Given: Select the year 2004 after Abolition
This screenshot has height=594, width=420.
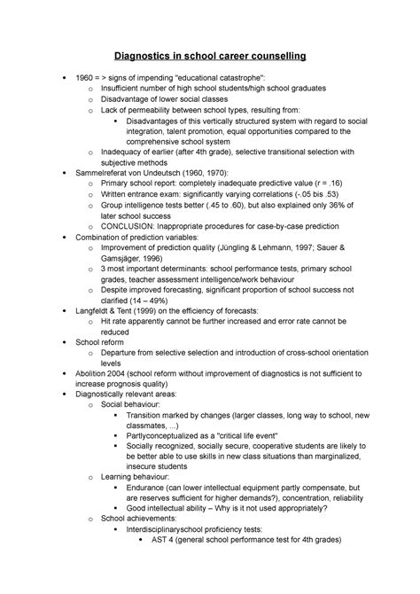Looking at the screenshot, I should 127,372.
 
